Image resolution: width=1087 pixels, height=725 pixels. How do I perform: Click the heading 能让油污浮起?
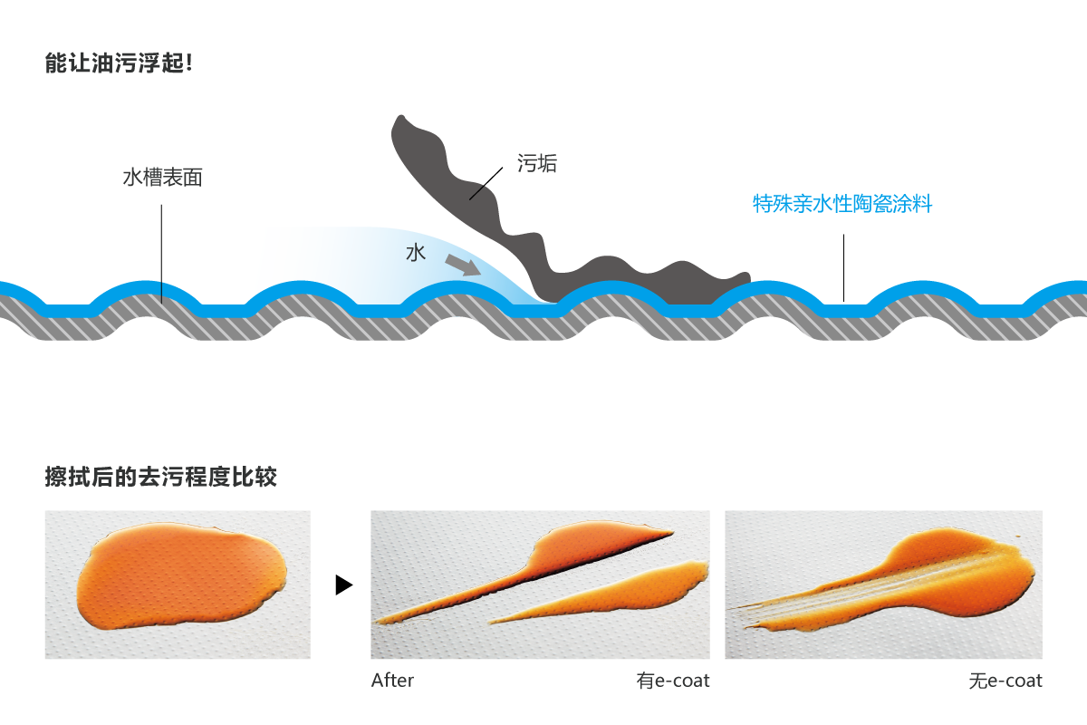(x=119, y=63)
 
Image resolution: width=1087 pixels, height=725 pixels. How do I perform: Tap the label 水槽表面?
(x=162, y=178)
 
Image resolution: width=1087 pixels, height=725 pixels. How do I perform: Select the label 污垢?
(x=536, y=163)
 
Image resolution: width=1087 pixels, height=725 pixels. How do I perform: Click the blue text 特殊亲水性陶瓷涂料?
(x=842, y=204)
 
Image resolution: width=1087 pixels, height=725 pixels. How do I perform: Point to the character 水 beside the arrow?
(x=416, y=253)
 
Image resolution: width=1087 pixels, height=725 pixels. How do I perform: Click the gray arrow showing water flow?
(x=463, y=265)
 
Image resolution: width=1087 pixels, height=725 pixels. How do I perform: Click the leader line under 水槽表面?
(x=161, y=254)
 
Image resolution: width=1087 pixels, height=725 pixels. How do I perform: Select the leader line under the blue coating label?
(x=843, y=268)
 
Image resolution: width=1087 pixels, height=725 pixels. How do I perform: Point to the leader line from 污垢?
(x=486, y=184)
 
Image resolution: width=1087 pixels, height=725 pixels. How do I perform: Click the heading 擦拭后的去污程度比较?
(x=161, y=477)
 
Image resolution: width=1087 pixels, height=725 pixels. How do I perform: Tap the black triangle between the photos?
(x=343, y=585)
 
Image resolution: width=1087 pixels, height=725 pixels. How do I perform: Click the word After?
(x=392, y=681)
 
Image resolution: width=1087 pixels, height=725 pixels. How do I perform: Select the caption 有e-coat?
(x=673, y=681)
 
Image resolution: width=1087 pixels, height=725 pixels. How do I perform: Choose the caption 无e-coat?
(x=1005, y=681)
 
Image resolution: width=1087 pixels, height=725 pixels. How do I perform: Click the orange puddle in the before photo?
(x=182, y=575)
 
